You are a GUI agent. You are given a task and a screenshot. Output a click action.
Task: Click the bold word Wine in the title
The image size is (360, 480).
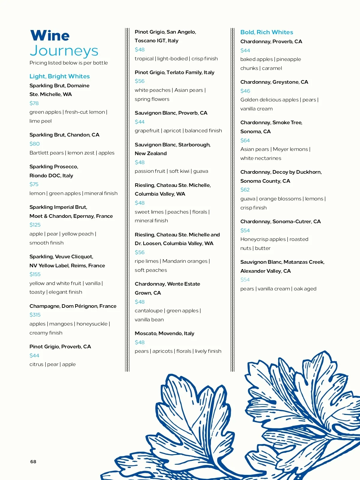50,36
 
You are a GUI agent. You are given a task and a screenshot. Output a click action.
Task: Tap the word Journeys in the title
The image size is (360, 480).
64,51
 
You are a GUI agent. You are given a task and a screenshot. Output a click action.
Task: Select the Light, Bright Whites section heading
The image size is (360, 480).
59,76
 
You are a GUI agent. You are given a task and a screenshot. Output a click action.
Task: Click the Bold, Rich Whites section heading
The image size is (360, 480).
266,32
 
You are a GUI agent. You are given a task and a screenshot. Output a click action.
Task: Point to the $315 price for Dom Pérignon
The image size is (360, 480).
35,315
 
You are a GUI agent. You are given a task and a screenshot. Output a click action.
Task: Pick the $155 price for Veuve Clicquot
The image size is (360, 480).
35,274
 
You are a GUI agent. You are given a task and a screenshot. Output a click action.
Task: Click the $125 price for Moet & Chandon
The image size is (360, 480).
35,225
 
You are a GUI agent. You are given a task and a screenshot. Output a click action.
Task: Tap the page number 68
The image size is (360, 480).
33,462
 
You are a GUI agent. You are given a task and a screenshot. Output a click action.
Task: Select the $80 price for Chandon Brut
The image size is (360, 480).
34,144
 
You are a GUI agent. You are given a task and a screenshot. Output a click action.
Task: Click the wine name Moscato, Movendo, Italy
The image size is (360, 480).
164,333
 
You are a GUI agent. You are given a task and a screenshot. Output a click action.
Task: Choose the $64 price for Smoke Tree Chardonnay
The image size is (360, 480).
245,140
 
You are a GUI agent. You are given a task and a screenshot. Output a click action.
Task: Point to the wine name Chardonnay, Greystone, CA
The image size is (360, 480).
274,82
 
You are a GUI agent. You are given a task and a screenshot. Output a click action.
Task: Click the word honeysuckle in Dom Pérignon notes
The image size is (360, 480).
92,324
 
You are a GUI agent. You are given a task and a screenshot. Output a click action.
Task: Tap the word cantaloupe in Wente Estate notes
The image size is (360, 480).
148,310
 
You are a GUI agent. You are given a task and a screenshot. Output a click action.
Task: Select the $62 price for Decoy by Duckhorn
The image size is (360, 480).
245,190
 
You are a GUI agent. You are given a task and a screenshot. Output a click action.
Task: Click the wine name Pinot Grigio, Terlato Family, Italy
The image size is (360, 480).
174,72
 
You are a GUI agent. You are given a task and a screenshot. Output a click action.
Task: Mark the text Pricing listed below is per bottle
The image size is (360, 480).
68,63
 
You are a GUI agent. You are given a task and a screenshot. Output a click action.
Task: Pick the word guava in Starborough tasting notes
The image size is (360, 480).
200,171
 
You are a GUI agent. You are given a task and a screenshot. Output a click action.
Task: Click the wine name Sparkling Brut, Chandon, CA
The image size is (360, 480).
64,135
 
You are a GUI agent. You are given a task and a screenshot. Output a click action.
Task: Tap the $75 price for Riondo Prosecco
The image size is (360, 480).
34,184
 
